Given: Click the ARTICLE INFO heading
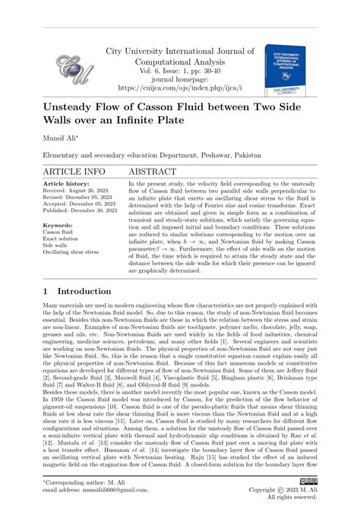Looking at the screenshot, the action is [74, 172].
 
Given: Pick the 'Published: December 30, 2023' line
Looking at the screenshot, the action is [79, 212].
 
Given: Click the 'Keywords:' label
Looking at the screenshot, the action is [58, 226].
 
